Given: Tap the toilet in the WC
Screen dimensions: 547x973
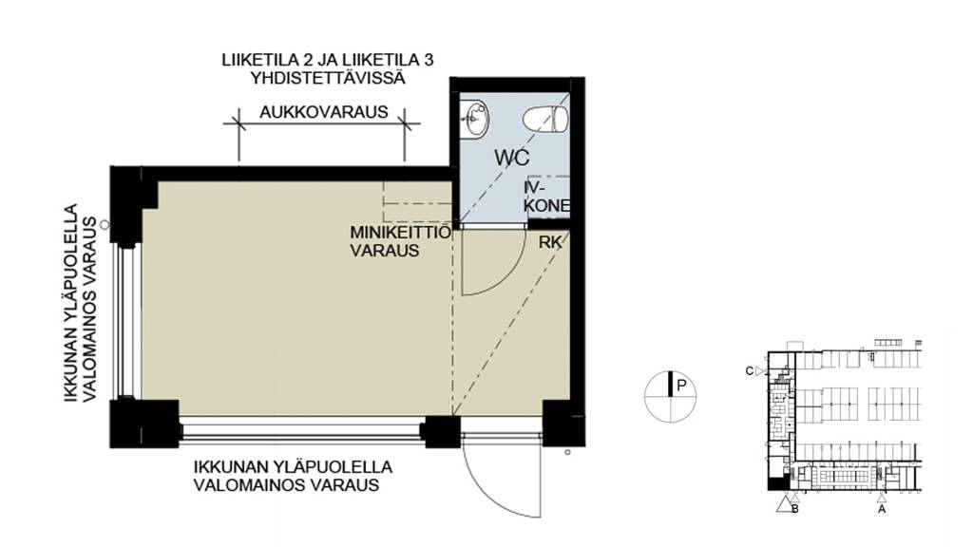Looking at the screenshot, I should point(548,119).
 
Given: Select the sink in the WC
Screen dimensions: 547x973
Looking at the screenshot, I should point(475,120).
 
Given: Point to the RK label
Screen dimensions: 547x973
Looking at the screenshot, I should point(549,242).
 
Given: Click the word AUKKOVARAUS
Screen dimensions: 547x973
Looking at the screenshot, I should point(323,111).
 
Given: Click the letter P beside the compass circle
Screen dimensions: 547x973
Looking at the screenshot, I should point(681,386).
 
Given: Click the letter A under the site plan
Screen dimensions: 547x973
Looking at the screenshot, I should point(881,509).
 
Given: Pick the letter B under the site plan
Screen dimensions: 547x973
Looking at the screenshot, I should point(794,509).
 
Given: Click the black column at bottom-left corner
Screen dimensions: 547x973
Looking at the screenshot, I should point(143,423).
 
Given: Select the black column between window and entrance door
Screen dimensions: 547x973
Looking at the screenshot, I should point(440,431).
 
